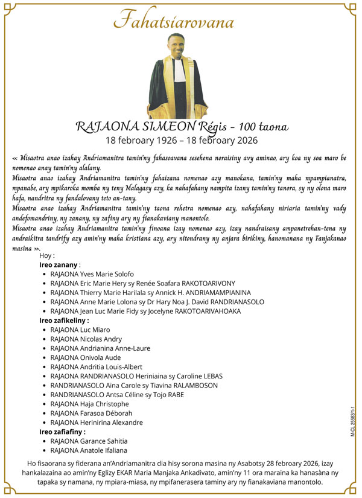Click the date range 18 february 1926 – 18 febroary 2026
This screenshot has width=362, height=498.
(x=182, y=141)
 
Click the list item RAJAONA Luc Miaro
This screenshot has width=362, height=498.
(x=81, y=330)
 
